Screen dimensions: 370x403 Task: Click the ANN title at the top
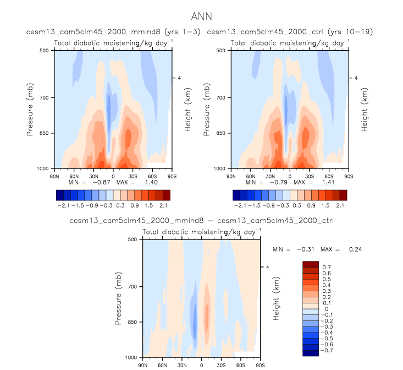(201, 17)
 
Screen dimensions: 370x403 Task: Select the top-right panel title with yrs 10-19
(290, 32)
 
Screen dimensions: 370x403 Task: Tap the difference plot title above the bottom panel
(201, 220)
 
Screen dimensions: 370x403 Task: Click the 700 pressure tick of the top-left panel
(44, 97)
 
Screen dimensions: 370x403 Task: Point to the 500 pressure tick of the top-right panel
(220, 50)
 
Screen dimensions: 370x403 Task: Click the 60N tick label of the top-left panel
(74, 175)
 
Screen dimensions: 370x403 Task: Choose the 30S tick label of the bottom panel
(221, 364)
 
